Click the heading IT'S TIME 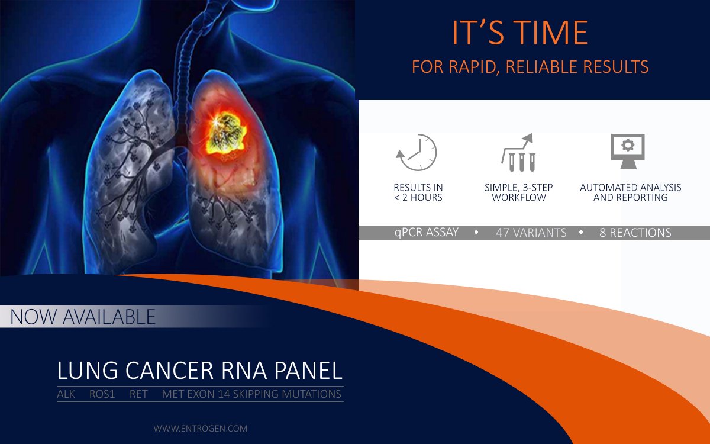point(519,34)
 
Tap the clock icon point(417,152)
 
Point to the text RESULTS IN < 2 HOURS point(418,192)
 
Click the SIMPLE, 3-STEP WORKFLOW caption point(519,192)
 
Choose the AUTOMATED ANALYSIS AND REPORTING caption point(630,192)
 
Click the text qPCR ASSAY point(427,233)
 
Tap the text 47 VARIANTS point(531,233)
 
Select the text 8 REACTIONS point(635,233)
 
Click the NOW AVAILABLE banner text point(83,317)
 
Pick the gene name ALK point(66,394)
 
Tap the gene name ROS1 point(102,394)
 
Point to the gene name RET point(138,394)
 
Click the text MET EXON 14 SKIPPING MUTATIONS point(251,394)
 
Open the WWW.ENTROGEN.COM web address point(201,428)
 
